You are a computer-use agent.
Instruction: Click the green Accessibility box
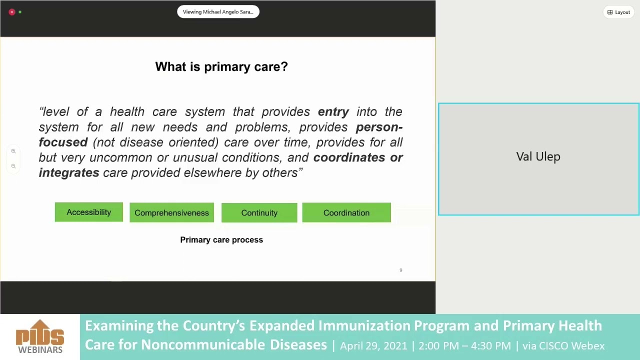89,212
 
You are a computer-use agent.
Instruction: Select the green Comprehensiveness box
171,213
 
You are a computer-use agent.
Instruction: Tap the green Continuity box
259,213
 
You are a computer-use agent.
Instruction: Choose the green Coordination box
346,213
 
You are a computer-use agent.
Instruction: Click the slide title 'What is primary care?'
221,67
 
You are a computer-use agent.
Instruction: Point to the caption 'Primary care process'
221,240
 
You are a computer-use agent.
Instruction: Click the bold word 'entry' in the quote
333,112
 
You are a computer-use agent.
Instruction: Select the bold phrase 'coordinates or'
358,157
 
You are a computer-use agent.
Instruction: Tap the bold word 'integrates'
69,173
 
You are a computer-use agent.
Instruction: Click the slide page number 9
400,270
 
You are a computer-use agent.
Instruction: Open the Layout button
618,12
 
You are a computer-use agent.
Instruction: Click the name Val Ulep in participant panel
538,157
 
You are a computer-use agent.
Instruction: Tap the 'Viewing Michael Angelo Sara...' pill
218,12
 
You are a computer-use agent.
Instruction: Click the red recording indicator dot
12,12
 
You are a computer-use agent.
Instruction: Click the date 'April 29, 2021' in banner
373,346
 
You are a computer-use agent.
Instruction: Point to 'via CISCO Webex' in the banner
563,346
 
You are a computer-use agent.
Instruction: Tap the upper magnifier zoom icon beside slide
13,151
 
